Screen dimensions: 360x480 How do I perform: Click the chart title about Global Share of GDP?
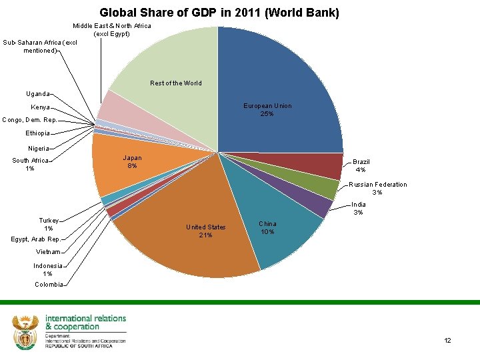tap(219, 13)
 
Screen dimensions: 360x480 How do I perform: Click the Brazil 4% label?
tap(361, 165)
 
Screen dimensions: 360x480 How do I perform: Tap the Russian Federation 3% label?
tap(377, 188)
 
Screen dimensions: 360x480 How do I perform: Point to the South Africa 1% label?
tap(31, 164)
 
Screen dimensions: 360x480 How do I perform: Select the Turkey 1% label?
tap(49, 224)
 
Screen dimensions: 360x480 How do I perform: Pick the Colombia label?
tap(49, 285)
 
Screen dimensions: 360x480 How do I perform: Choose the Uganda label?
tap(37, 94)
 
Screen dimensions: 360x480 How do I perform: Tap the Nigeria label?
tap(39, 148)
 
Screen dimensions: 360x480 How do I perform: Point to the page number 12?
tap(447, 341)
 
